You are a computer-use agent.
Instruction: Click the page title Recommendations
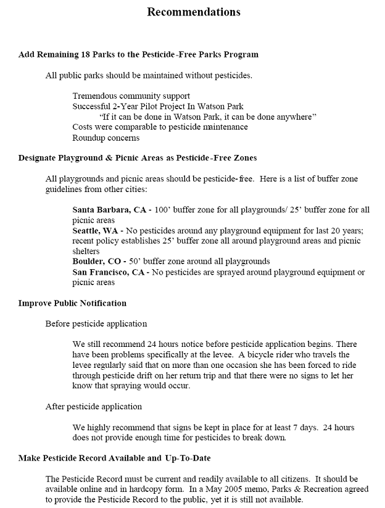pos(193,12)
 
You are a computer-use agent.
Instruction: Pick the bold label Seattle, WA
pos(96,230)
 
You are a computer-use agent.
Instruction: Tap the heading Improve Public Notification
pos(72,303)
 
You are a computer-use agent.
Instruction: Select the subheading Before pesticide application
pos(96,323)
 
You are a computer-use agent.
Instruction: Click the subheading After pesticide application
pos(94,406)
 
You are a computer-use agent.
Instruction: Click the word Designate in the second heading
pos(38,158)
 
